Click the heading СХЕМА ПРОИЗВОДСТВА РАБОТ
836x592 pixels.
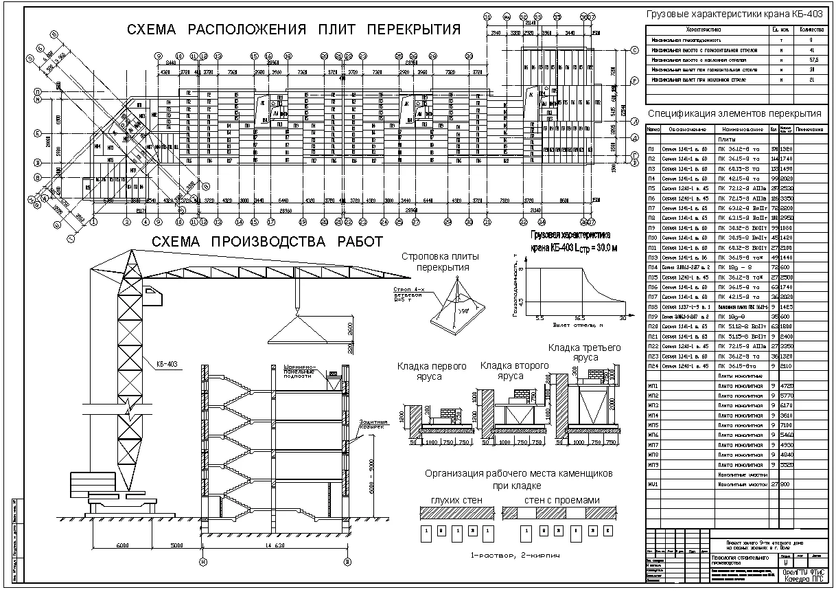267,242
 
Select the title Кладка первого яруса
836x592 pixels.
432,371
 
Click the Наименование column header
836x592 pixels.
741,129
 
